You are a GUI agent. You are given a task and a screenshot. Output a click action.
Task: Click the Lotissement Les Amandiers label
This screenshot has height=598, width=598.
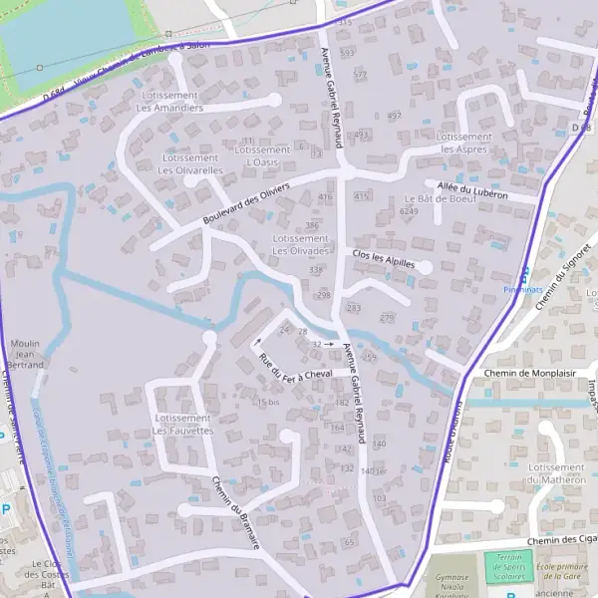tap(169, 102)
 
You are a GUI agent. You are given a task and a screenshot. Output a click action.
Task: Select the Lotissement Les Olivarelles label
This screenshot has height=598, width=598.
tap(189, 164)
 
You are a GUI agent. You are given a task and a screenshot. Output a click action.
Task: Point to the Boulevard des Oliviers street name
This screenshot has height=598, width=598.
tap(245, 202)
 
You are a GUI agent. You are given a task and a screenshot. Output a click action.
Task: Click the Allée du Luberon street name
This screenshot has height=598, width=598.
tap(472, 190)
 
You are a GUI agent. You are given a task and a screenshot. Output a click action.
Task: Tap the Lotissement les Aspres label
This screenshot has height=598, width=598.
tap(464, 143)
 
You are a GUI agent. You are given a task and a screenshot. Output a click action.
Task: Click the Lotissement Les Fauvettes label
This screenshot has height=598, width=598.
tap(183, 425)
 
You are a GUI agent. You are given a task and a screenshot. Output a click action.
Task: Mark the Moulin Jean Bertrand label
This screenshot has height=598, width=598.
tap(26, 355)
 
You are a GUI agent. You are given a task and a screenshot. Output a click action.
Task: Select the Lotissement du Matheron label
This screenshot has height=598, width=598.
tap(556, 473)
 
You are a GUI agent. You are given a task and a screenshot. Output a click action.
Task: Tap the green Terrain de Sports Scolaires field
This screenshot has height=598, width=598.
tap(508, 565)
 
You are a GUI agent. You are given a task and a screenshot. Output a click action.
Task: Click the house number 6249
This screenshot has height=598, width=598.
tap(408, 212)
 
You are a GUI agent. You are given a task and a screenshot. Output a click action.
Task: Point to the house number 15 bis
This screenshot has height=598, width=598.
tap(267, 402)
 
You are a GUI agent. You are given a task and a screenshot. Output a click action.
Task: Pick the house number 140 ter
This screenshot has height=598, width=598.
tap(373, 470)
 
